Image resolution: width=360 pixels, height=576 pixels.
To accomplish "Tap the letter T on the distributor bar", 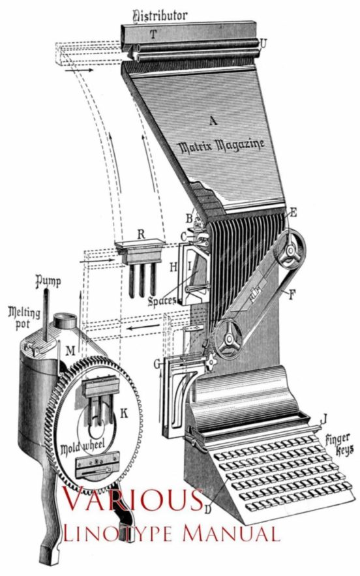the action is pos(153,34).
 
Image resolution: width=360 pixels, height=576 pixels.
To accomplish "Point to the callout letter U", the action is pos(263,44).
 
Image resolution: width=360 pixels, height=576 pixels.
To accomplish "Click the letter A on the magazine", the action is pos(213,121).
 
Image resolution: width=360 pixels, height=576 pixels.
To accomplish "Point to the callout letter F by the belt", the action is pos(292,294).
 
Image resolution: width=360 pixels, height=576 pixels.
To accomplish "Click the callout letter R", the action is pos(141,235).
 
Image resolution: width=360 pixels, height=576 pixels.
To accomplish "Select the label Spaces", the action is pos(162,301).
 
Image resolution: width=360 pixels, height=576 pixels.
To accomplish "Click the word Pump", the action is pos(48,282).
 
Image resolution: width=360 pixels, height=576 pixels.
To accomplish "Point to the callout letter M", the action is pos(70,351).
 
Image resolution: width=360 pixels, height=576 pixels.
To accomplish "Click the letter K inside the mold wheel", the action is pos(124,414).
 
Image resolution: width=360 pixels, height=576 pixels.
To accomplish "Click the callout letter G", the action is pos(157,365).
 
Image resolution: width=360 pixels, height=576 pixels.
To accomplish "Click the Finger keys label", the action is pos(339,444).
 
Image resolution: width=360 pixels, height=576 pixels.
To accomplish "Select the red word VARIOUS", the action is pos(134,500).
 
